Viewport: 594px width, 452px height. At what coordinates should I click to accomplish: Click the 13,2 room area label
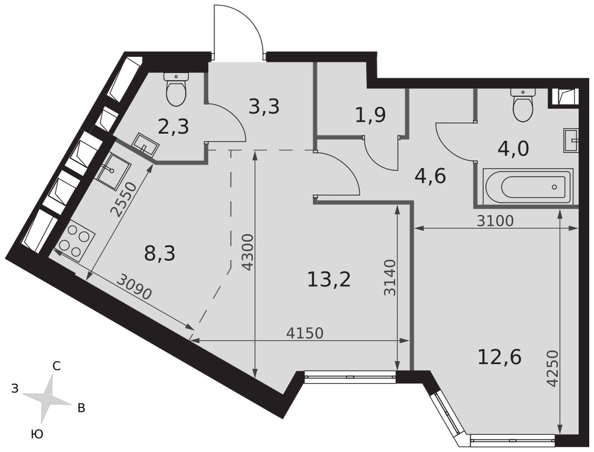pos(329,280)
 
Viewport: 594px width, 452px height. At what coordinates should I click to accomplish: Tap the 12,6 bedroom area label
pos(500,357)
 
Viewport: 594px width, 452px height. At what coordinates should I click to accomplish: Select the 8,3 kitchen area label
pos(160,254)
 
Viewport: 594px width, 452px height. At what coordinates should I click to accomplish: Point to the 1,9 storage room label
pos(371,115)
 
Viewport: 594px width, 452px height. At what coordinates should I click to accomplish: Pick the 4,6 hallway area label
pos(430,176)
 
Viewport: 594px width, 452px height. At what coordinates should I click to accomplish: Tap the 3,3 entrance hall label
pos(264,107)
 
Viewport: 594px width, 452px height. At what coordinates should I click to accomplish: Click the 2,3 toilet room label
pos(173,127)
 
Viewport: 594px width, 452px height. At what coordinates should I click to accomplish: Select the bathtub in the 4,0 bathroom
pos(528,187)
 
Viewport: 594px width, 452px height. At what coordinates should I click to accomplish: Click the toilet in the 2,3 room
pos(176,88)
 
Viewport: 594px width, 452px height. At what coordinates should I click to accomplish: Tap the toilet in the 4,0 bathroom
pos(523,104)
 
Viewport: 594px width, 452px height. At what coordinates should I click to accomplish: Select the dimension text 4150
pos(305,333)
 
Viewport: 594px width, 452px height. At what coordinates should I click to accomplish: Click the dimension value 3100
pos(495,220)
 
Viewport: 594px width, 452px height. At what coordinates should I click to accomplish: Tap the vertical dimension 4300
pos(247,252)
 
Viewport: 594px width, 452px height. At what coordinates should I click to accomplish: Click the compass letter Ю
pos(37,434)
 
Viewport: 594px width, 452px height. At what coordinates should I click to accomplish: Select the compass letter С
pos(56,366)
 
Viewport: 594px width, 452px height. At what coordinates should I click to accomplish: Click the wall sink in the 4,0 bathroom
pos(571,141)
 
